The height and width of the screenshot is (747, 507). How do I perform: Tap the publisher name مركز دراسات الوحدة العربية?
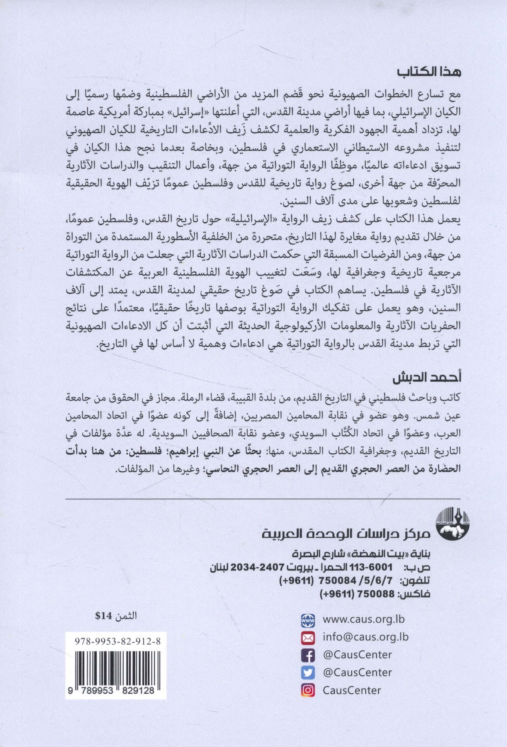pos(346,533)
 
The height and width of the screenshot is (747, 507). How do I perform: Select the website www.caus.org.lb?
pos(364,619)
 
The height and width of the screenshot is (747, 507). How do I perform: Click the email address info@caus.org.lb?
pos(365,637)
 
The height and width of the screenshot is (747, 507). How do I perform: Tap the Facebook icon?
pos(308,655)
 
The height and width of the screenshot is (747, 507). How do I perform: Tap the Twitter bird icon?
pos(308,672)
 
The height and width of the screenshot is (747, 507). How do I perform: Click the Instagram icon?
pos(308,690)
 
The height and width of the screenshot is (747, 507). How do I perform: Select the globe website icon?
pos(308,619)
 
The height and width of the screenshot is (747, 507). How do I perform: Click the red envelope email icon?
pos(308,637)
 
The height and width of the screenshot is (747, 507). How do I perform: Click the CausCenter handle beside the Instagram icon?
pos(352,690)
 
